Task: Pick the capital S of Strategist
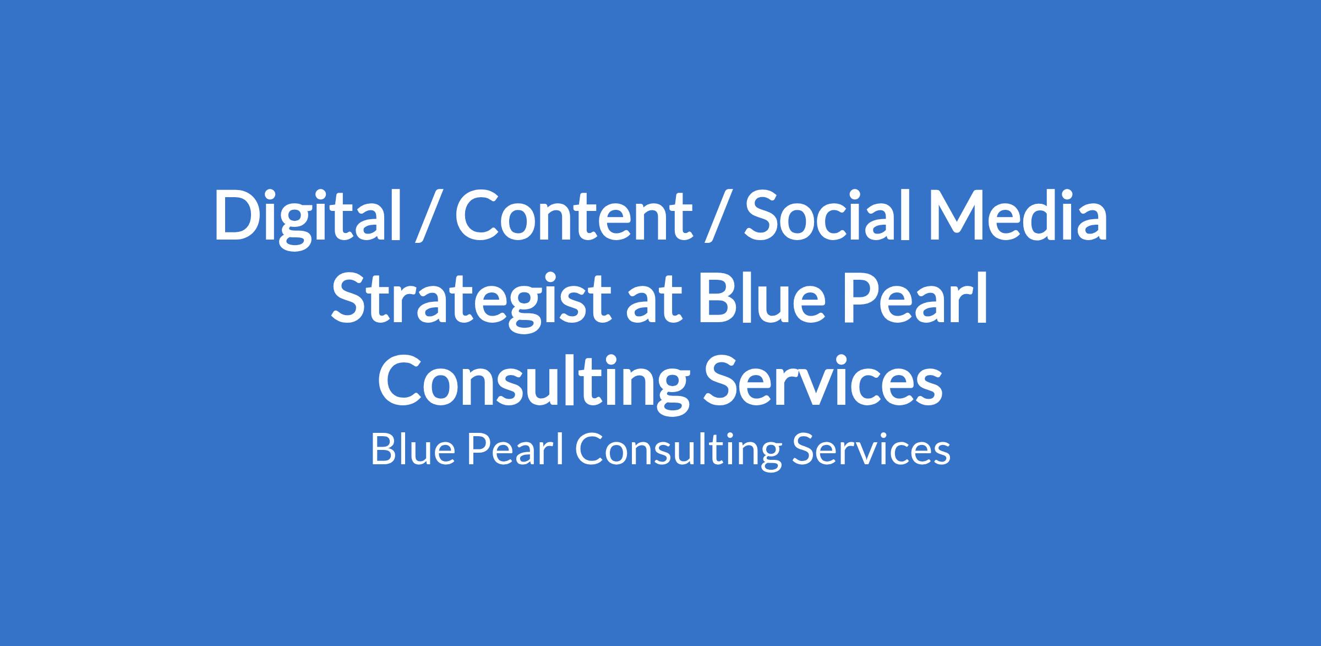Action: click(x=350, y=299)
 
